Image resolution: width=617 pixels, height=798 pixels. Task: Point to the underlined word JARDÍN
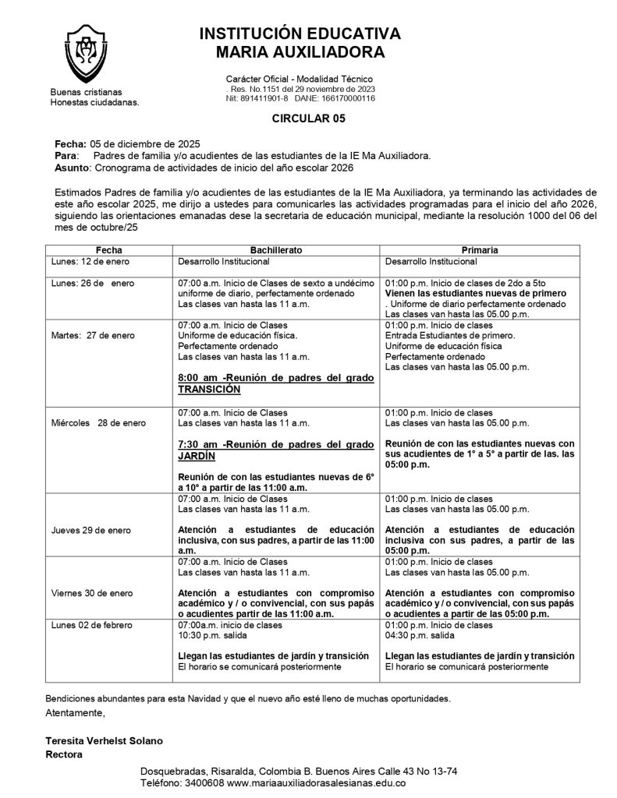pos(196,457)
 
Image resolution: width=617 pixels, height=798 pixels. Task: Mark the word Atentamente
pos(75,712)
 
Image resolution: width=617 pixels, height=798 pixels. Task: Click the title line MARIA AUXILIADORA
pos(300,52)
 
